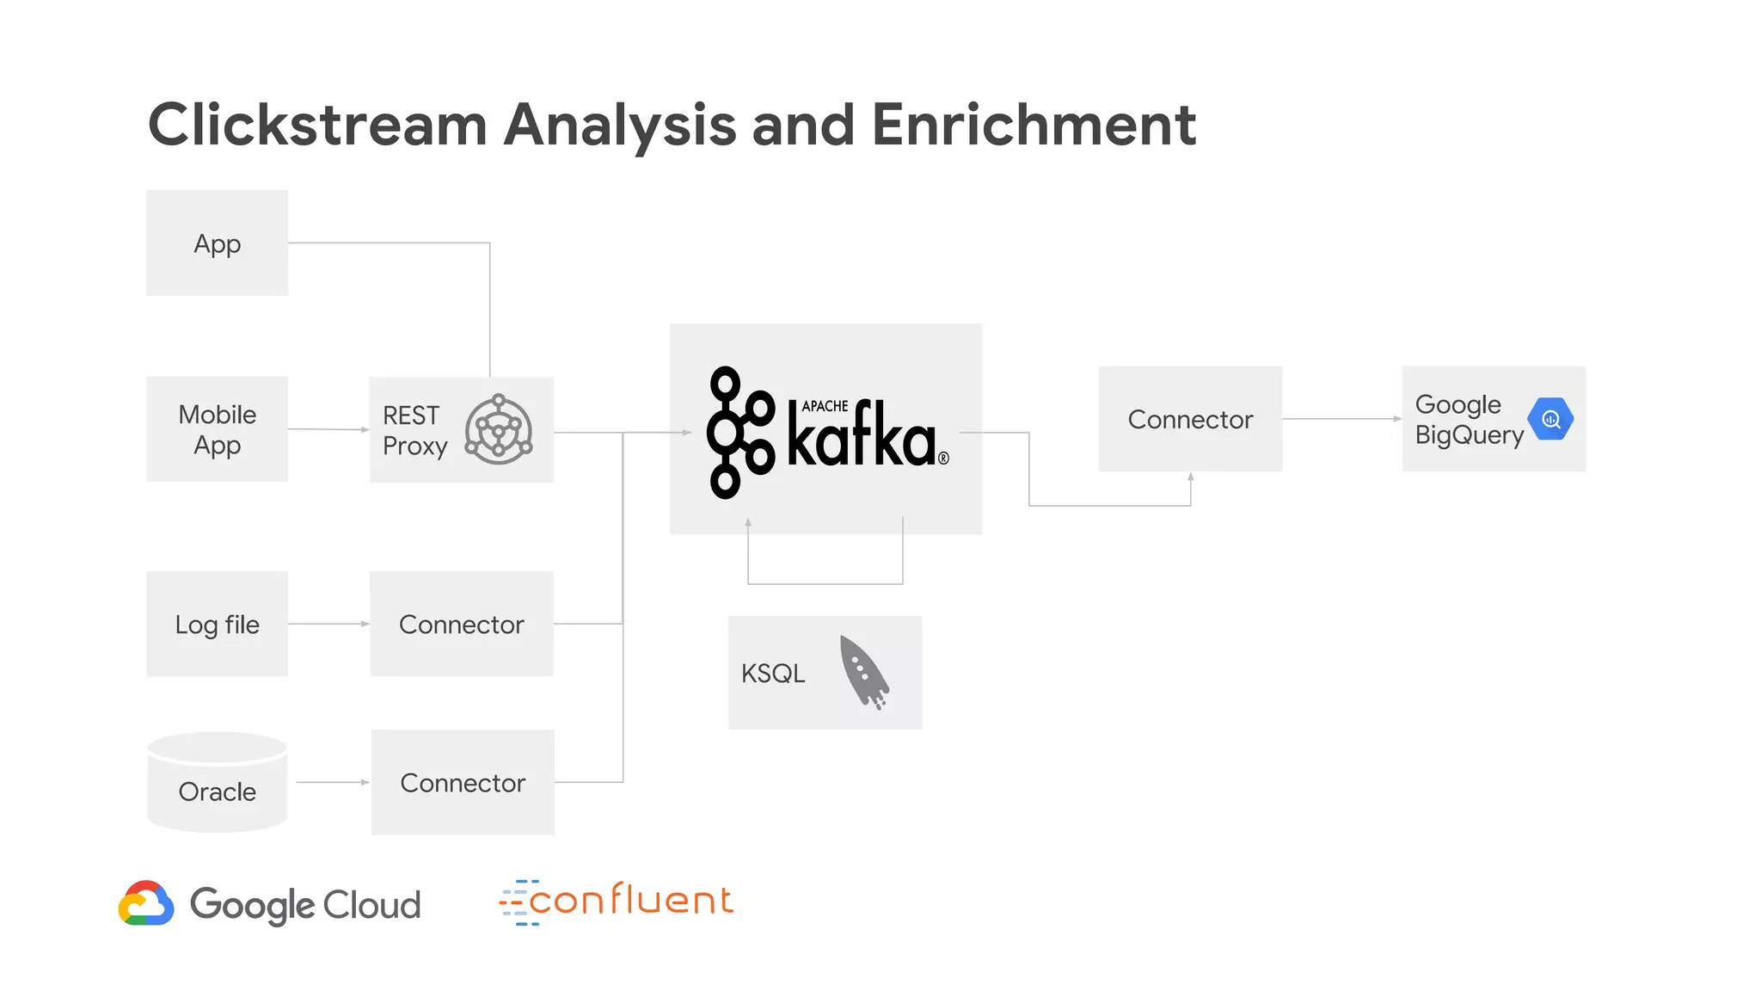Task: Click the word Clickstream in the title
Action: (317, 126)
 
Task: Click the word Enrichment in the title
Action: (1033, 126)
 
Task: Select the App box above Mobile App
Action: (217, 243)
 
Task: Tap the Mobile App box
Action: (217, 429)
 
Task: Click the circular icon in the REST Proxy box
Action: (499, 429)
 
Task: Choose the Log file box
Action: (217, 624)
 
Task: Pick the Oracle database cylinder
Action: (217, 782)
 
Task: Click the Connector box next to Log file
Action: (461, 624)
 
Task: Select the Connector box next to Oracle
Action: (463, 782)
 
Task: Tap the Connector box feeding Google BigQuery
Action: (1190, 419)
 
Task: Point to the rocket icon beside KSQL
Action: (863, 672)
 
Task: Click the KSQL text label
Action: (773, 674)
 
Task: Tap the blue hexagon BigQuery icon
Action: (1550, 419)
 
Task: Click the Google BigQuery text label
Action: (1469, 420)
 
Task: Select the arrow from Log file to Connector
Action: (328, 624)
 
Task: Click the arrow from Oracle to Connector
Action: (333, 782)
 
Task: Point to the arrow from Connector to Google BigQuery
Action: (1341, 419)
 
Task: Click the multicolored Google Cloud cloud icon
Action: (146, 903)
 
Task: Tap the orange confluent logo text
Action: (630, 901)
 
